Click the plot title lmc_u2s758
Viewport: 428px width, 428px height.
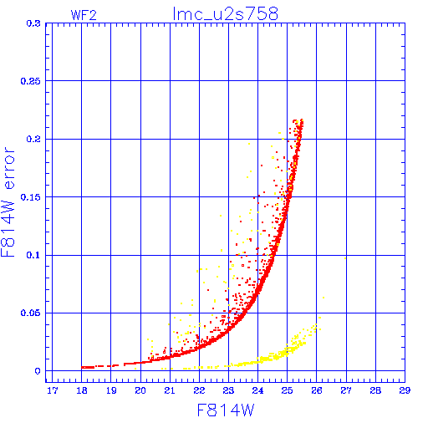tap(225, 14)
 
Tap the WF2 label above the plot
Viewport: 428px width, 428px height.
tap(84, 15)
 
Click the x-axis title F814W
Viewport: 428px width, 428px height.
tap(226, 410)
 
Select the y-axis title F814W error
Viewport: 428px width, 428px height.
tap(8, 202)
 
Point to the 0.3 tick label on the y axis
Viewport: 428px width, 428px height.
tap(33, 23)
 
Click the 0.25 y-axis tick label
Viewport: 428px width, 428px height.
tap(31, 81)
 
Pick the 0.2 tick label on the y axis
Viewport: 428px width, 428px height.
tap(33, 139)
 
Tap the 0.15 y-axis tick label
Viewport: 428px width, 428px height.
tap(31, 197)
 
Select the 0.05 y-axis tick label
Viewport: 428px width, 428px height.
tap(31, 313)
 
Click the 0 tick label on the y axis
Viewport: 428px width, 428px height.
tap(38, 371)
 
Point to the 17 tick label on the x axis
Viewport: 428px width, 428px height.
tap(53, 390)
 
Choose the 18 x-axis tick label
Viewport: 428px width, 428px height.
tap(82, 390)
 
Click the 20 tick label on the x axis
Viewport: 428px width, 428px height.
tap(140, 390)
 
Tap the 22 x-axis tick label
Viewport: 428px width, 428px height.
tap(199, 390)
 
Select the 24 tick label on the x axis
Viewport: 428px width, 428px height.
tap(257, 390)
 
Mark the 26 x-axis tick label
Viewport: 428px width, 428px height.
tap(317, 390)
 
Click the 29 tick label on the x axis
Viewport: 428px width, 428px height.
tap(405, 390)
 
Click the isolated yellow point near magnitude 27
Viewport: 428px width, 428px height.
tap(345, 258)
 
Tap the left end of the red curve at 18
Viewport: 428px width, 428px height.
tap(82, 367)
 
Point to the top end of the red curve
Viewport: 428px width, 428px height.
tap(302, 120)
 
